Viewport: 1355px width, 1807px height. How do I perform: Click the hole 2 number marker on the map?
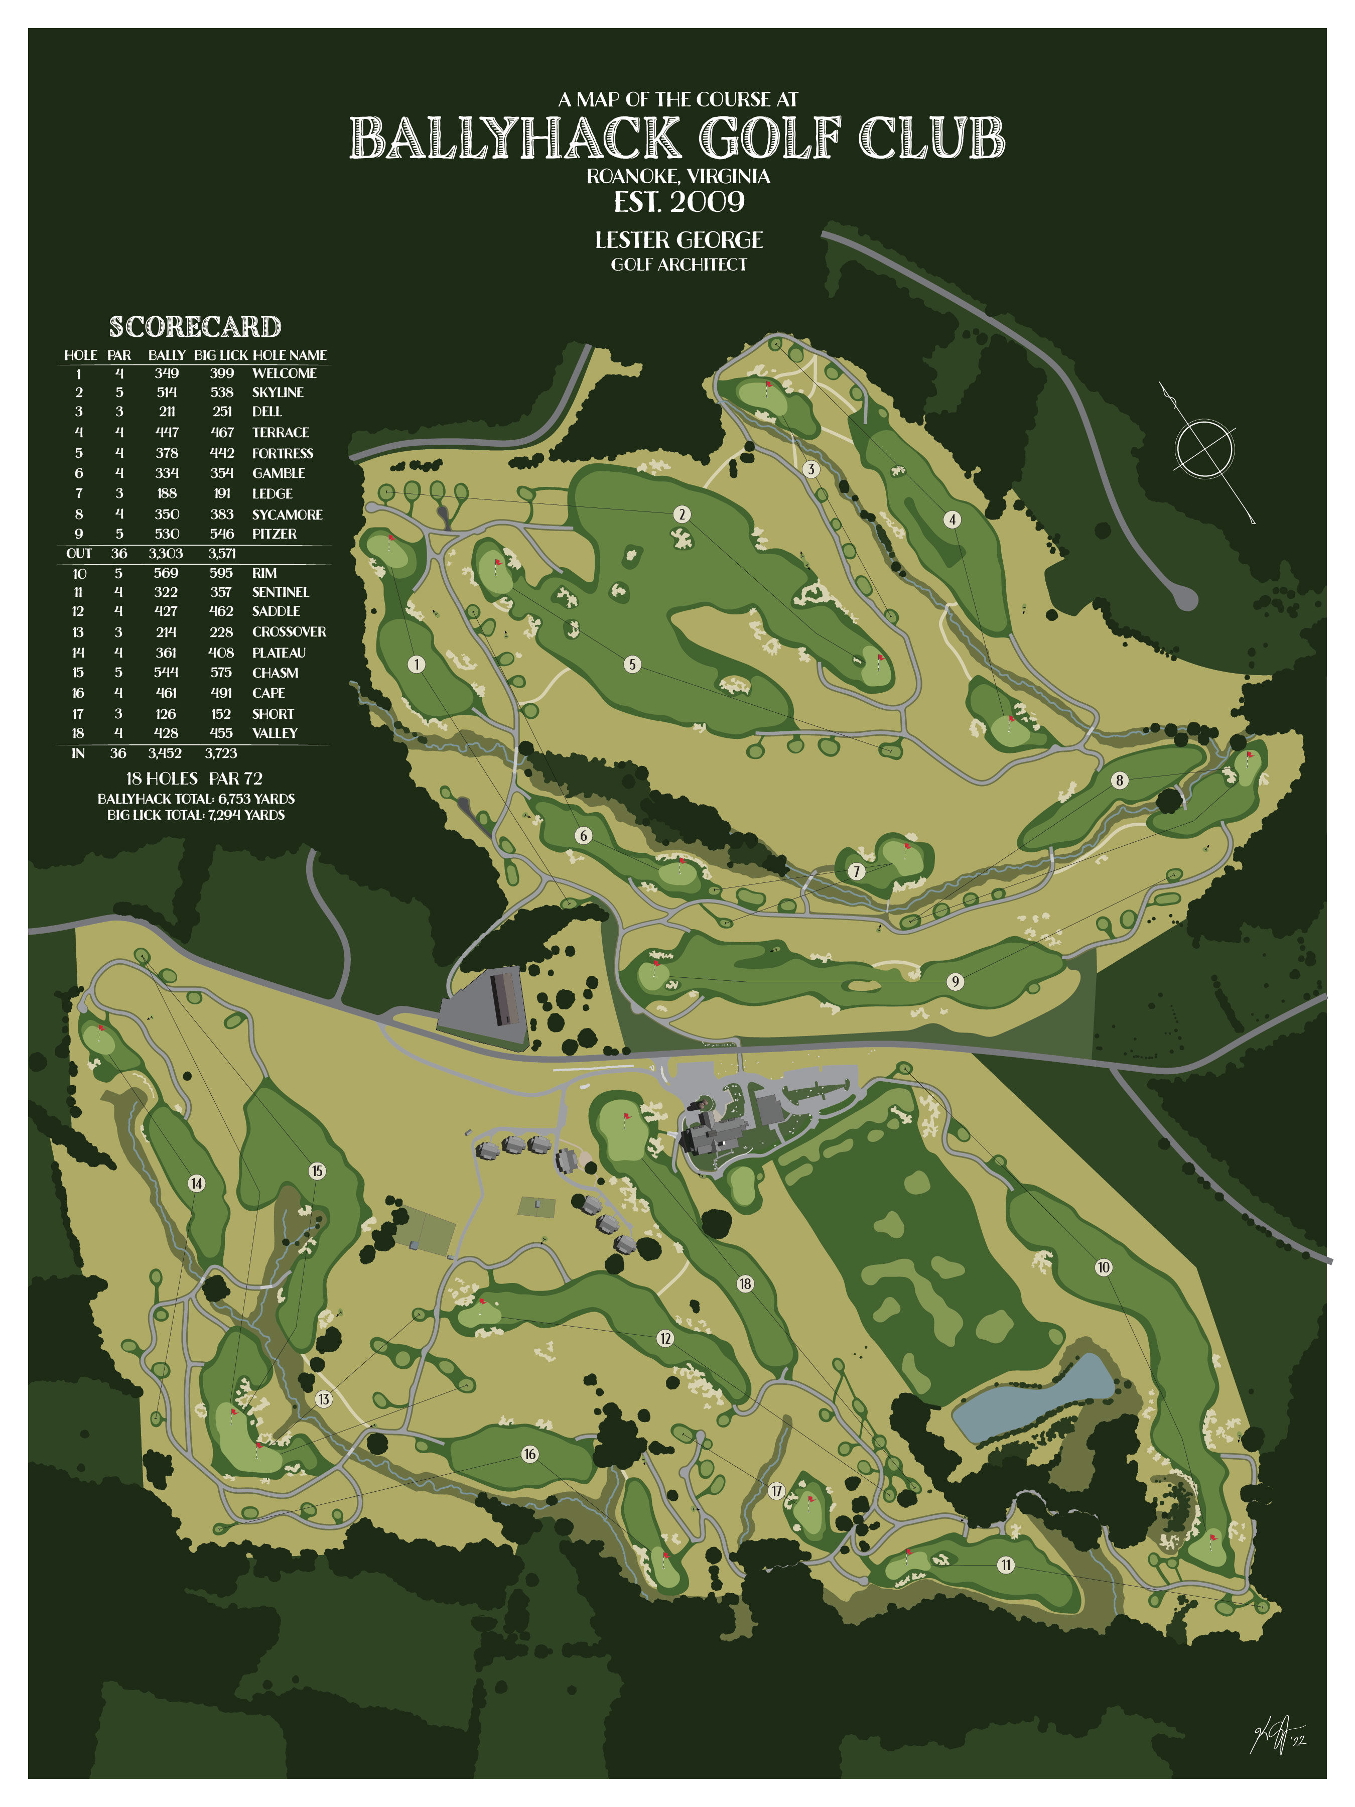(682, 514)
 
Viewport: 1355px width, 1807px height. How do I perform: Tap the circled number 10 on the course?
(1104, 1267)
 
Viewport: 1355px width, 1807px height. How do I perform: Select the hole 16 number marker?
(530, 1454)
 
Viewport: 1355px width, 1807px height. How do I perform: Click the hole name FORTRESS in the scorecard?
(283, 453)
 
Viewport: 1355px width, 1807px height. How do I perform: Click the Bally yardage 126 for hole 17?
(166, 714)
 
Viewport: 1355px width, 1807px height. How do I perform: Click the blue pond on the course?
(1034, 1398)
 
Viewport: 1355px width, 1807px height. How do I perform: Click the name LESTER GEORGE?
(679, 240)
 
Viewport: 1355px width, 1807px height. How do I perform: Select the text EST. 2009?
(679, 202)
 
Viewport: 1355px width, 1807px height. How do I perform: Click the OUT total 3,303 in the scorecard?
(166, 554)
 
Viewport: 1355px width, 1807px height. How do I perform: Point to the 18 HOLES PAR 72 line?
(194, 779)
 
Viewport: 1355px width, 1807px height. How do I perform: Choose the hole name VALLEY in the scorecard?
(275, 733)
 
